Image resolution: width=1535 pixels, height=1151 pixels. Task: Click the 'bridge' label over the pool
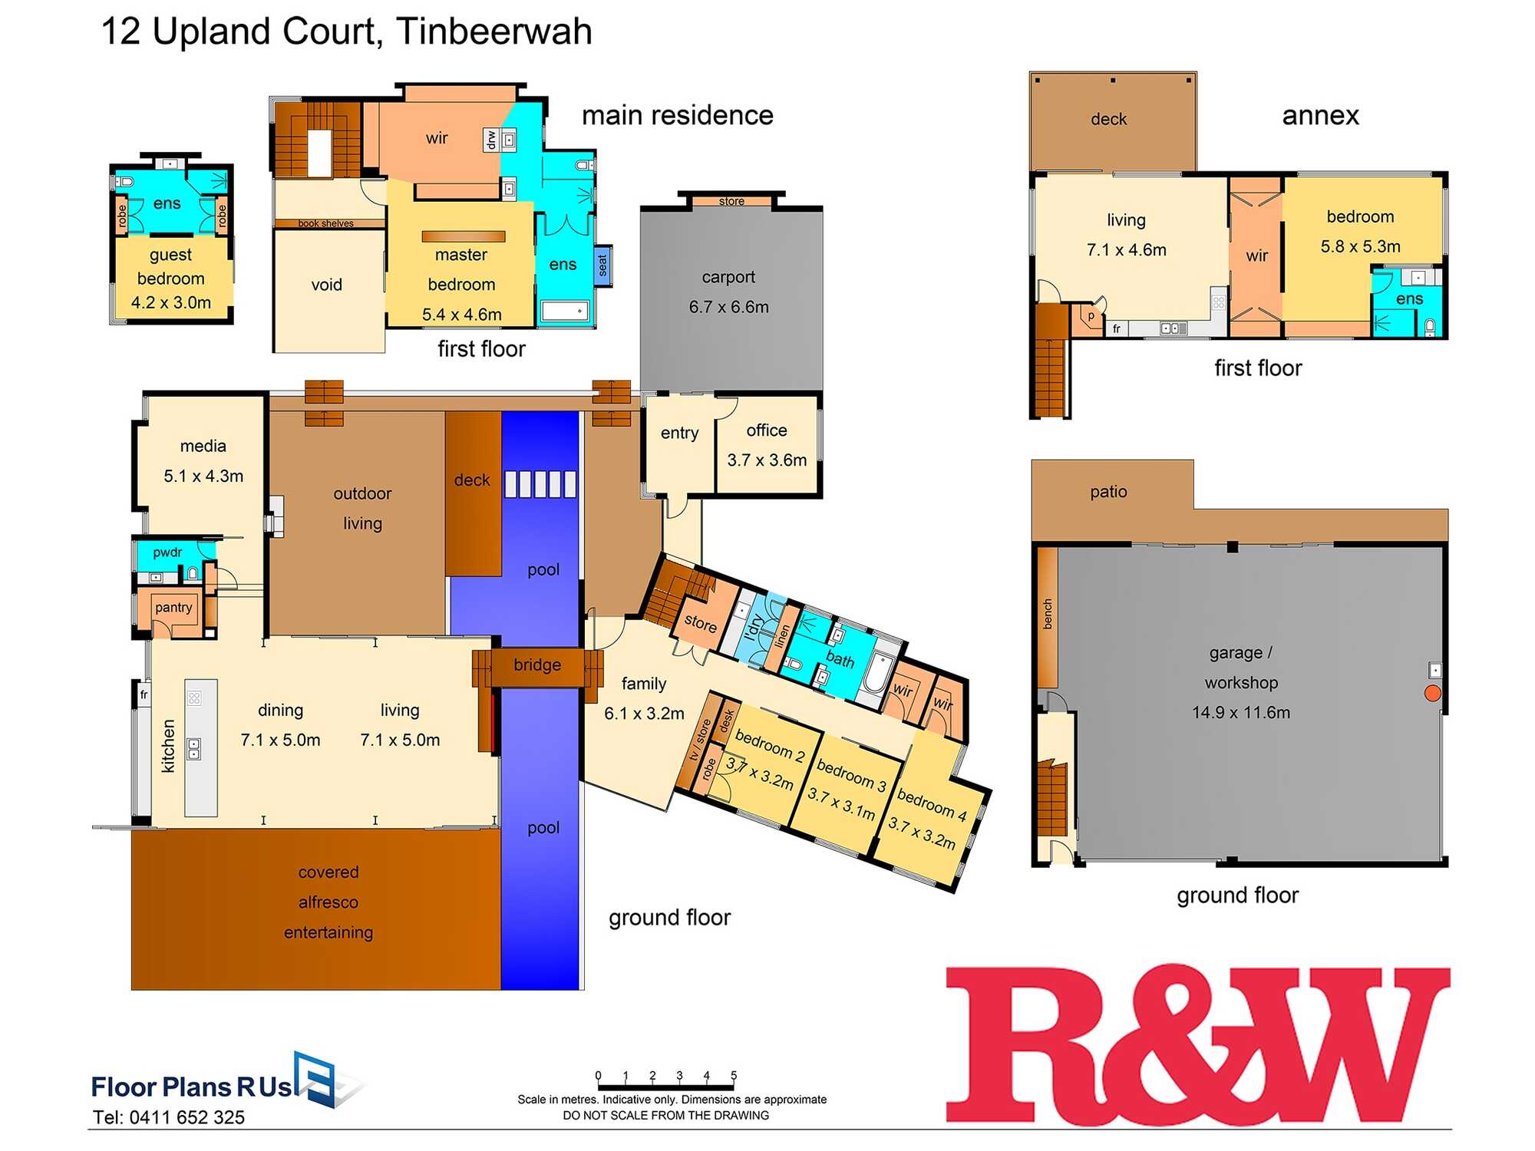[x=537, y=665]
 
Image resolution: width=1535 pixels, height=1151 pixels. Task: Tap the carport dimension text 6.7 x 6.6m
[x=728, y=307]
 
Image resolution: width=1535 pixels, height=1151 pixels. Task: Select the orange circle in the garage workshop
[x=1432, y=694]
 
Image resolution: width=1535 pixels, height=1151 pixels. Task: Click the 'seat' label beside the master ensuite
[x=603, y=265]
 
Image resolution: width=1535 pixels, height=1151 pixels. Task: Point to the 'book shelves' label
[x=326, y=223]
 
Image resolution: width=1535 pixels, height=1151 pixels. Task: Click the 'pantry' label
[x=173, y=608]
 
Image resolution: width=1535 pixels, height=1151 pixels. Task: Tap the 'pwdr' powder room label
[x=167, y=552]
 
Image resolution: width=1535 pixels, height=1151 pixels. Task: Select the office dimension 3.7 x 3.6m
[x=767, y=460]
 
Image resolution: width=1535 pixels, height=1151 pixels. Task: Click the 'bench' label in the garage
[x=1048, y=615]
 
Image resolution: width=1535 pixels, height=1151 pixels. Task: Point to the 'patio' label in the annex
[x=1108, y=492]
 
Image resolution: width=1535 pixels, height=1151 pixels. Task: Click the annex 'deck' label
[x=1108, y=119]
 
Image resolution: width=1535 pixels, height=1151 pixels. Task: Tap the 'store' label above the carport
[x=731, y=201]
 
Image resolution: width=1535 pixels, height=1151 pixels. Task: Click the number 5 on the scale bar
[x=734, y=1075]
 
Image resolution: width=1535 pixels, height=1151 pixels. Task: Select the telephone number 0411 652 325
[x=187, y=1117]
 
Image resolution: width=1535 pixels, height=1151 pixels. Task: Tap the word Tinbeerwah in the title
[x=494, y=32]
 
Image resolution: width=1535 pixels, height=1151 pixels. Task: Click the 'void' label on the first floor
[x=326, y=285]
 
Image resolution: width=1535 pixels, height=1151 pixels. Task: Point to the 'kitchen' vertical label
[x=169, y=746]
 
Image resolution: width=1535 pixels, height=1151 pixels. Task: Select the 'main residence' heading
[x=677, y=115]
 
